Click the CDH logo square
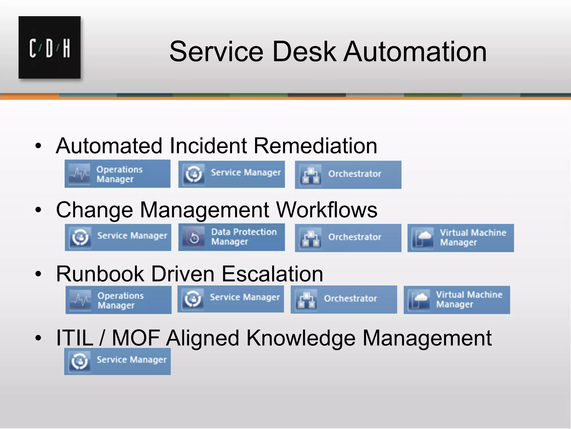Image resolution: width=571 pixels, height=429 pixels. tap(50, 47)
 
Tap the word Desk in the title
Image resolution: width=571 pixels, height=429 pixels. tap(304, 52)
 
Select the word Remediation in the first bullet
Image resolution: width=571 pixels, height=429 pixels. tap(315, 146)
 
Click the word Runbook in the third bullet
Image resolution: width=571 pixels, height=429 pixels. tap(100, 274)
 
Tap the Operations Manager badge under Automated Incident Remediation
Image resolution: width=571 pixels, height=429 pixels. tap(117, 174)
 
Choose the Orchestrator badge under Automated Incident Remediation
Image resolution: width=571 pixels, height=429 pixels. tap(348, 175)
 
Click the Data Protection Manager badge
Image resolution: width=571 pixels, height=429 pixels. tap(231, 237)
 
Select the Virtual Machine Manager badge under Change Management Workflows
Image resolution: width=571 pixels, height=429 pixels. tap(461, 238)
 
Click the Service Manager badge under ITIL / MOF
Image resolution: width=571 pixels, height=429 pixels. tap(117, 361)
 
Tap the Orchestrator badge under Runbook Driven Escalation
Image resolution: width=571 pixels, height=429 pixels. tap(344, 300)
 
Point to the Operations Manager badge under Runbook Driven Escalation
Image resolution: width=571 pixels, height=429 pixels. tap(118, 300)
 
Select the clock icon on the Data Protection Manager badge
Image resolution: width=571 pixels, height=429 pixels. tap(194, 238)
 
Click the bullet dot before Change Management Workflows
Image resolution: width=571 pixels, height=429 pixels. tap(38, 210)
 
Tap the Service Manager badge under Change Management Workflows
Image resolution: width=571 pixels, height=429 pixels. tap(118, 237)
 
